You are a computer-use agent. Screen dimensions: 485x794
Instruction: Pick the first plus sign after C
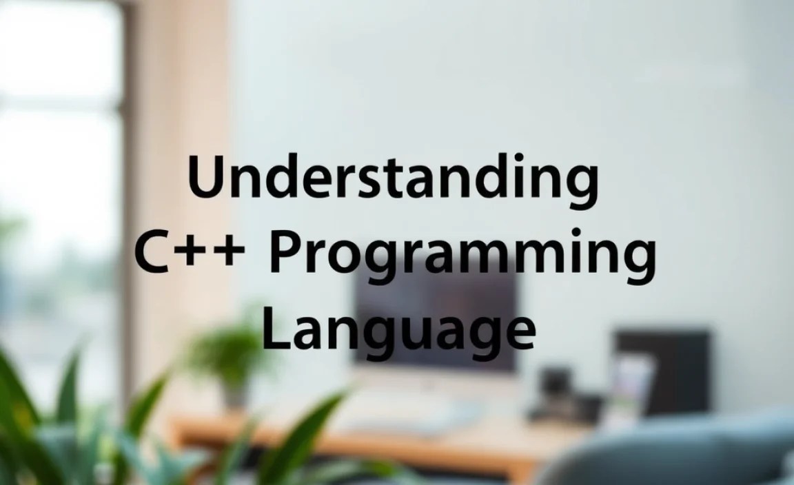(x=194, y=251)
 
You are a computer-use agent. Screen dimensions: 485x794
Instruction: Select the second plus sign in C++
(x=230, y=251)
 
